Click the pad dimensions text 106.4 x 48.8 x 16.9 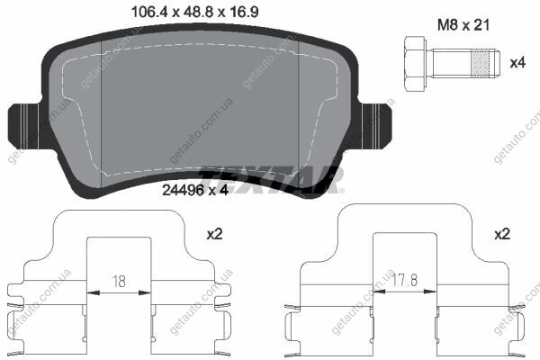(x=195, y=13)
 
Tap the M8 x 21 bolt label (x=463, y=25)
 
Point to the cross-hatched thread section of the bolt (x=480, y=63)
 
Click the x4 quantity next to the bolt (x=517, y=63)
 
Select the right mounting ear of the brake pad (x=375, y=126)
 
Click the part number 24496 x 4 (x=195, y=190)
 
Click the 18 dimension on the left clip (x=119, y=282)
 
